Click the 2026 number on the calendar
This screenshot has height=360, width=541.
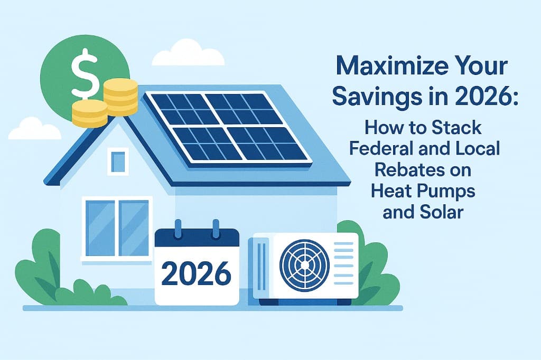click(x=196, y=273)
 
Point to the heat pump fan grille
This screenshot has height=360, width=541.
click(x=304, y=266)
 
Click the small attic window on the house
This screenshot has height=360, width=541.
click(x=118, y=160)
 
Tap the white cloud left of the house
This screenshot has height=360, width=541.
click(x=34, y=130)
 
